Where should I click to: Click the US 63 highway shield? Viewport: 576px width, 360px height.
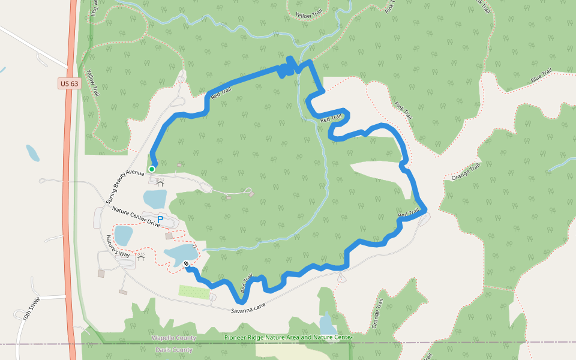coord(69,84)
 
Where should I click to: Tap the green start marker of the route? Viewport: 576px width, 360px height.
coord(152,169)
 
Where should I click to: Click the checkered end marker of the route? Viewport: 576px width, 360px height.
coord(187,263)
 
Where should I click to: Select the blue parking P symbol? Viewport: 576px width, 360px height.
coord(160,220)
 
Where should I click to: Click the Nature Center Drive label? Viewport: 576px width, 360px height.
coord(136,216)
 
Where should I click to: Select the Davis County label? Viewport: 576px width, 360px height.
coord(174,349)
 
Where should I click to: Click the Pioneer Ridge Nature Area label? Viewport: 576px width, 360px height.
coord(287,338)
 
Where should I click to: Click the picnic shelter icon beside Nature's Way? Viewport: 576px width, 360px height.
coord(142,259)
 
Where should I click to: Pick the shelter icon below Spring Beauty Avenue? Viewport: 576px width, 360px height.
coord(160,183)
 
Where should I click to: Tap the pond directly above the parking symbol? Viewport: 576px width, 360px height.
coord(154,197)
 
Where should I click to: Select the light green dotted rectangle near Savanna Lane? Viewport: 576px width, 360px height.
coord(194,291)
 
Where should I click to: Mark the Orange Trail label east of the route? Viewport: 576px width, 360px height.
coord(466,173)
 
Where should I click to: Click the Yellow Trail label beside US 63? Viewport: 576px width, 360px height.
coord(92,82)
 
